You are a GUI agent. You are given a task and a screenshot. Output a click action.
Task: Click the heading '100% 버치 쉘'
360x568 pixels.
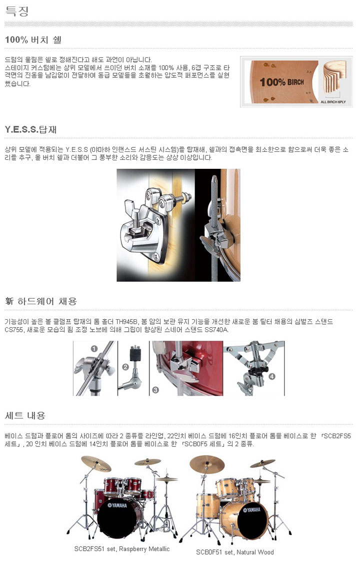(33, 39)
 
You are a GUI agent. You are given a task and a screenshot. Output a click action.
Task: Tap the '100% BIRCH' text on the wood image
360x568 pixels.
(281, 82)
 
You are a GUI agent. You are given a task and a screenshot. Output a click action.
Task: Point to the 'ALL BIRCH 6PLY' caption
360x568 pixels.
(333, 102)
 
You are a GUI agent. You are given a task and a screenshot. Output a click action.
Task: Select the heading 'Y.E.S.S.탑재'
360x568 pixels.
(31, 129)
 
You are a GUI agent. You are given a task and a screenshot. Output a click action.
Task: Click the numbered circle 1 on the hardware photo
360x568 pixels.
(94, 349)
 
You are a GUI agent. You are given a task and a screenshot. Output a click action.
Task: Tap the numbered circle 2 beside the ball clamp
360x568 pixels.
(126, 367)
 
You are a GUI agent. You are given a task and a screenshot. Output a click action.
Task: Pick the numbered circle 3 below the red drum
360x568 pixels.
(155, 390)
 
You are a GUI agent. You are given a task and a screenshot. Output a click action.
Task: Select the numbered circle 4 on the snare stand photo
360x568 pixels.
(272, 376)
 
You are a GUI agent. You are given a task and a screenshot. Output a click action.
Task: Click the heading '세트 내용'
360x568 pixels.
(25, 416)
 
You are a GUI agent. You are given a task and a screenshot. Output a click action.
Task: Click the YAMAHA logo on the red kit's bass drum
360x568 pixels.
(117, 505)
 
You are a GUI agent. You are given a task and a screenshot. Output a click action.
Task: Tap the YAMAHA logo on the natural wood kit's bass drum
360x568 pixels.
(251, 510)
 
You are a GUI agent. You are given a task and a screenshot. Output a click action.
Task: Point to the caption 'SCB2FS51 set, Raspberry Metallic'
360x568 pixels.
(122, 549)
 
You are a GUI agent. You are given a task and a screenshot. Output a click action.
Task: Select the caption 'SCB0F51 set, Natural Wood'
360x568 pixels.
(235, 552)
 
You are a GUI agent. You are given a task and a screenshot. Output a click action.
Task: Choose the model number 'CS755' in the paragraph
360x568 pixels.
(14, 330)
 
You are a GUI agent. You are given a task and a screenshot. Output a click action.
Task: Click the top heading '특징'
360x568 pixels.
(16, 11)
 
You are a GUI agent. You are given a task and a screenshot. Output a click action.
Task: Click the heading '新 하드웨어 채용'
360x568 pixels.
(41, 301)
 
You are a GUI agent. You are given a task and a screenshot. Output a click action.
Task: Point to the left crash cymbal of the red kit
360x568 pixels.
(95, 463)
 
